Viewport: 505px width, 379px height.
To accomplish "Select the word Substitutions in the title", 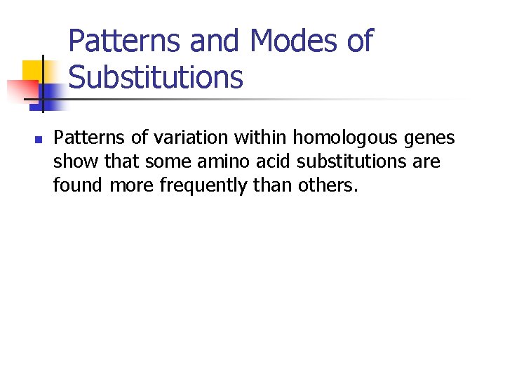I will [x=156, y=77].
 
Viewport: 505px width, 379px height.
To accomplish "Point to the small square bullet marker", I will [x=39, y=140].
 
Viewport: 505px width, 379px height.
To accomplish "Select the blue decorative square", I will [x=50, y=93].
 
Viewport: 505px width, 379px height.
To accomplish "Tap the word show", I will [x=74, y=162].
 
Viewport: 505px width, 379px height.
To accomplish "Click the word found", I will [x=76, y=186].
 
